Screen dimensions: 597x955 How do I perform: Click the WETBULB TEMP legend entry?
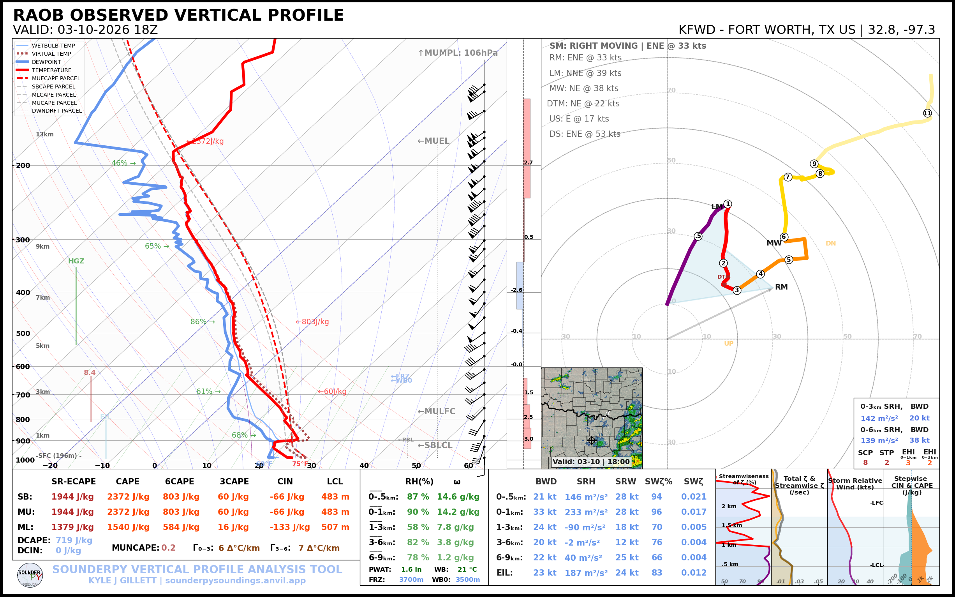click(x=53, y=46)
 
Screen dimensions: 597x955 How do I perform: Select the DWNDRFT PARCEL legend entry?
click(x=56, y=111)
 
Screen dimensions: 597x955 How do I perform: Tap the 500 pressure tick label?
click(x=23, y=333)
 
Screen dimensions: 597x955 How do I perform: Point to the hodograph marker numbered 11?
click(x=927, y=113)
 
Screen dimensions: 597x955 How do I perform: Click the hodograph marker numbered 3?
click(x=737, y=291)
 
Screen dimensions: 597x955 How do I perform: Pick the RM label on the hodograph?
click(x=781, y=287)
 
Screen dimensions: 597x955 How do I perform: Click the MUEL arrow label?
click(x=433, y=141)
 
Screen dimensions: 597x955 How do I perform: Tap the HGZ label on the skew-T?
click(x=76, y=261)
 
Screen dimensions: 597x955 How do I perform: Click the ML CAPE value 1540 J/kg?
click(x=128, y=527)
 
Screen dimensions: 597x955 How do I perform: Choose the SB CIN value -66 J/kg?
click(x=287, y=497)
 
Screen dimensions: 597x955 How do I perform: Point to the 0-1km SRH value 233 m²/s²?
click(x=586, y=512)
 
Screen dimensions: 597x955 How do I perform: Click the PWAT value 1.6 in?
click(x=411, y=569)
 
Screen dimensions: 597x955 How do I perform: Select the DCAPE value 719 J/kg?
click(x=74, y=540)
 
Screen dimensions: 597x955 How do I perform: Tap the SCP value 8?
click(x=865, y=463)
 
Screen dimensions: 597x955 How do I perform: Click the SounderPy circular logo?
click(x=30, y=575)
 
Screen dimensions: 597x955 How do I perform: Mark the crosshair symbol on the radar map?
click(x=592, y=440)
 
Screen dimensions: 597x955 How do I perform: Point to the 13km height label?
click(x=44, y=134)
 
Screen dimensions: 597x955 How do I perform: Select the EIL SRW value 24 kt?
click(x=627, y=573)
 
